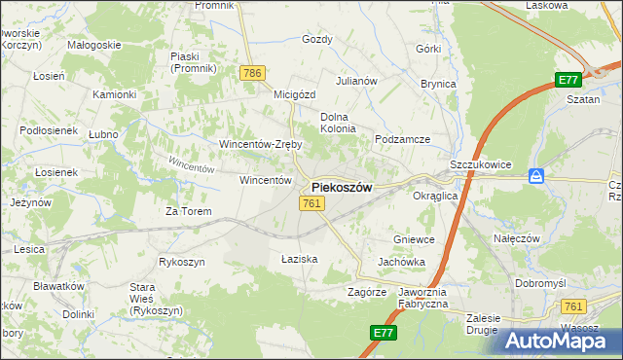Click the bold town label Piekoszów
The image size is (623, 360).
[x=341, y=188]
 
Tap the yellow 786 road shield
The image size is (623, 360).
[x=253, y=73]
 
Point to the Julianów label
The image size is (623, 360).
[x=356, y=81]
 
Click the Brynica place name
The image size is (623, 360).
[x=438, y=84]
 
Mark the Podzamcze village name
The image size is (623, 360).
[x=403, y=139]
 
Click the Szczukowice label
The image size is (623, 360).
[x=481, y=165]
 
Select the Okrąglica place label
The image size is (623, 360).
[x=435, y=196]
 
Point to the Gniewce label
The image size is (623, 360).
[x=413, y=239]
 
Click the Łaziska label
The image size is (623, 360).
[x=300, y=259]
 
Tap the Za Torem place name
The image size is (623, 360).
[x=188, y=211]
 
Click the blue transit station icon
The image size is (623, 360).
[x=535, y=176]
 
